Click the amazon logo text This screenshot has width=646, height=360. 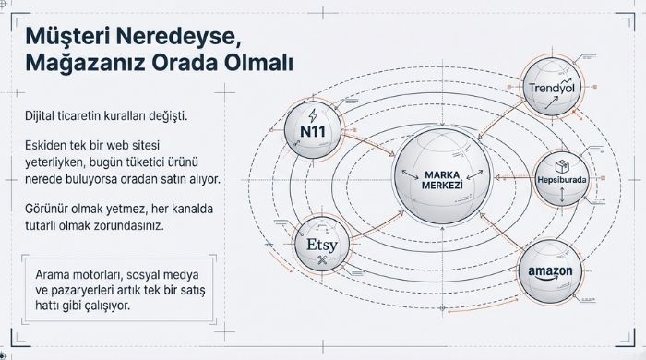point(552,272)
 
